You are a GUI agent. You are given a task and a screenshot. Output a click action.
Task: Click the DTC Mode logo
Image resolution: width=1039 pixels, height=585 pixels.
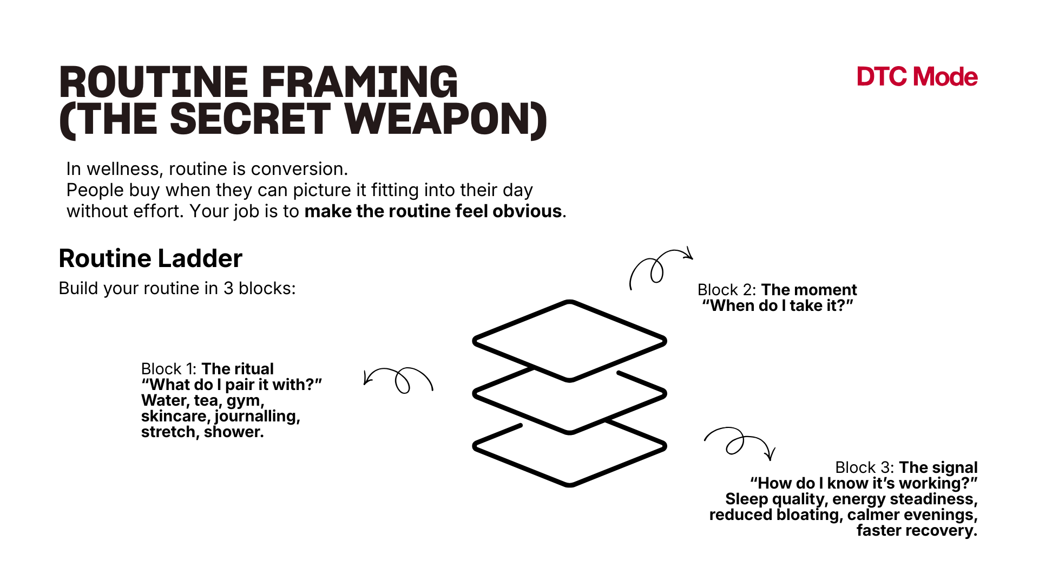917,77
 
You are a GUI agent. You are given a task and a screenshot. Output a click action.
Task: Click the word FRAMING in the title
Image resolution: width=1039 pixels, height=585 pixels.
360,82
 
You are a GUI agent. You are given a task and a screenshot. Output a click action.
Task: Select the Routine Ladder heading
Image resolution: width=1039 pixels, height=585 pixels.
150,258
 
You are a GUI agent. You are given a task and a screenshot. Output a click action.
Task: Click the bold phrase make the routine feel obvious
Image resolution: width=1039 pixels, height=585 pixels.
433,211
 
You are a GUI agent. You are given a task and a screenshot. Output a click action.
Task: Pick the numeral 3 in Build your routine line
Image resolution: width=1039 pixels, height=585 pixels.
228,288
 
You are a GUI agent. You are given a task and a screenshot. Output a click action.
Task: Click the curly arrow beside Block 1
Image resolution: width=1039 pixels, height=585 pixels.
399,380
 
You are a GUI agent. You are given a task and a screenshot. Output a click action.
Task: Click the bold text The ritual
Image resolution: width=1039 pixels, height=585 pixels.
237,369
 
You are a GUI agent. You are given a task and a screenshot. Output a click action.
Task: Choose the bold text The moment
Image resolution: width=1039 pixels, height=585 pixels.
809,290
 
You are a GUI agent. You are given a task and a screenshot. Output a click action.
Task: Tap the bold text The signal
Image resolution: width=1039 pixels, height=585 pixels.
938,467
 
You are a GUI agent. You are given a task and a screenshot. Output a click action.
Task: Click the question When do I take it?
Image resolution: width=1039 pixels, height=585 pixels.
778,305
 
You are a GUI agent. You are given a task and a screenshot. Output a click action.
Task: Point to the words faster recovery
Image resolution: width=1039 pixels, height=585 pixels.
917,530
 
